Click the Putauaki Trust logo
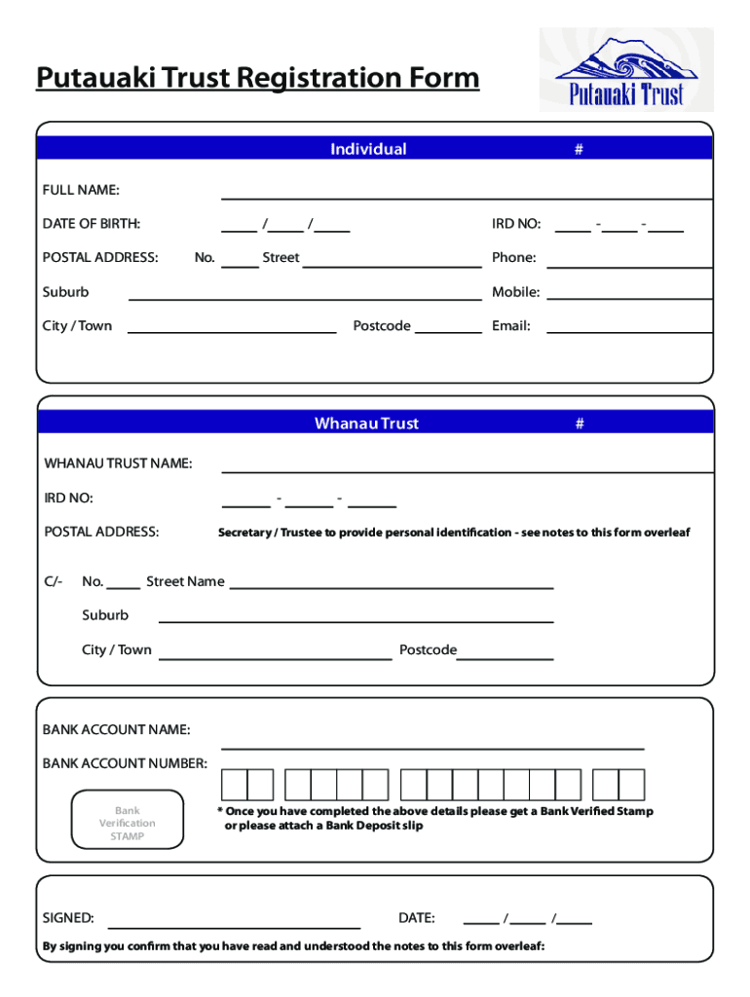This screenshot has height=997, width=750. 626,70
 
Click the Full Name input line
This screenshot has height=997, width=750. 466,196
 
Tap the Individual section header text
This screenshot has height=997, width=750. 368,149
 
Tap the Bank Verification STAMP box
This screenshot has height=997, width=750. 128,824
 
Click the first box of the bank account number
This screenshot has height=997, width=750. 235,785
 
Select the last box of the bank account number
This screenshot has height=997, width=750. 632,785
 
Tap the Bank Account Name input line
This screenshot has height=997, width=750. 432,747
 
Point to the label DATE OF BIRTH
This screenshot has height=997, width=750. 91,224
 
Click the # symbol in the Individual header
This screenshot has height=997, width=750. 579,149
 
